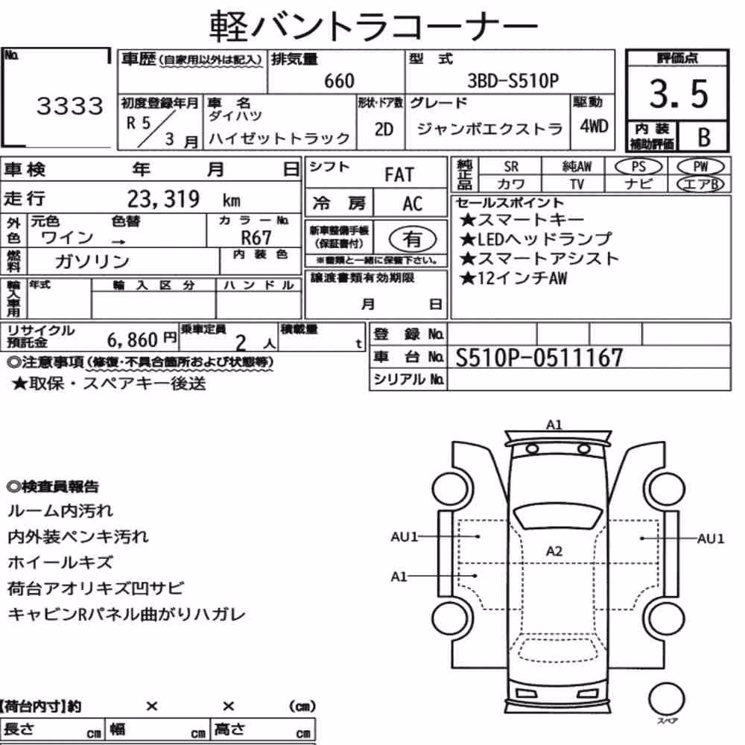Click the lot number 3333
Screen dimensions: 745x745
pyautogui.click(x=70, y=106)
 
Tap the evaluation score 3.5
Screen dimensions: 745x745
pyautogui.click(x=679, y=94)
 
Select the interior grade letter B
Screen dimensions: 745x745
pyautogui.click(x=704, y=137)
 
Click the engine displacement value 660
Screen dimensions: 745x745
pyautogui.click(x=339, y=80)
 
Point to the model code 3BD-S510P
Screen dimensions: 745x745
pyautogui.click(x=513, y=80)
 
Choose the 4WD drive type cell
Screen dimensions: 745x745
pyautogui.click(x=594, y=126)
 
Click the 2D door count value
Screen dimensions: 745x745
pyautogui.click(x=384, y=129)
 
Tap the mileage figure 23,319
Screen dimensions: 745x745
pyautogui.click(x=163, y=199)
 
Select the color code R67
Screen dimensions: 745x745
pyautogui.click(x=256, y=238)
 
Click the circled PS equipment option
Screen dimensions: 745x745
pyautogui.click(x=638, y=166)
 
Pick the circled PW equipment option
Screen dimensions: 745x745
pyautogui.click(x=700, y=166)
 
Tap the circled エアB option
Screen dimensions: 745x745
pyautogui.click(x=700, y=184)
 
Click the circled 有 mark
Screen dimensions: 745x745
pyautogui.click(x=413, y=238)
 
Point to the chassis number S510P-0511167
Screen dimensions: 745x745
pyautogui.click(x=539, y=358)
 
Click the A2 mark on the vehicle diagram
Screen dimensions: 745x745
pyautogui.click(x=554, y=551)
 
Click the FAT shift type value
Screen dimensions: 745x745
pyautogui.click(x=399, y=175)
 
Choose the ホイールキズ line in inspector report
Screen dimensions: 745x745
pyautogui.click(x=60, y=562)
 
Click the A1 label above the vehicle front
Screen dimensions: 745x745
pyautogui.click(x=554, y=425)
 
